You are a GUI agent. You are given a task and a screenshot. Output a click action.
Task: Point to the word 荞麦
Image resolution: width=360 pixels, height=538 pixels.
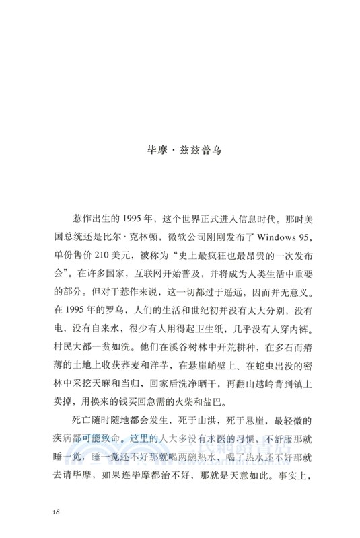pyautogui.click(x=134, y=368)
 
